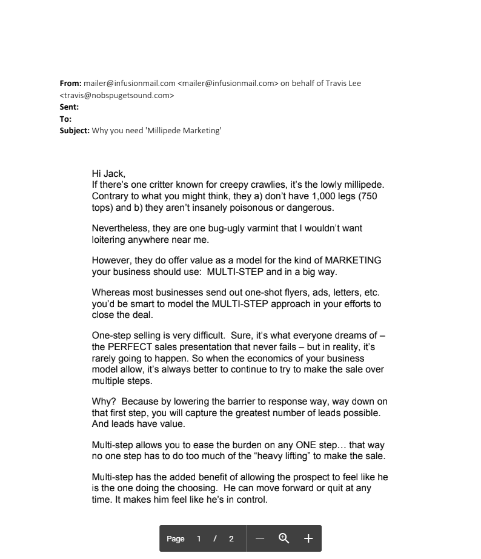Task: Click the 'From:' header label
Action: [70, 84]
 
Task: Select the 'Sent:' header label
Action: [69, 107]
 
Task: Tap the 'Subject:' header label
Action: [75, 131]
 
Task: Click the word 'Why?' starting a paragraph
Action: [104, 402]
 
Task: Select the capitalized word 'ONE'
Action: [310, 445]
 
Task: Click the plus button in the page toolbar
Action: [308, 538]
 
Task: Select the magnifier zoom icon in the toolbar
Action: [284, 538]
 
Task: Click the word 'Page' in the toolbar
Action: [176, 539]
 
